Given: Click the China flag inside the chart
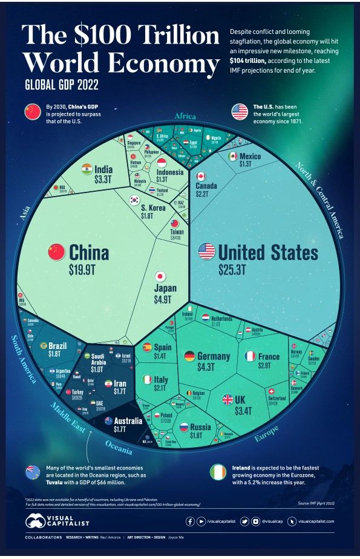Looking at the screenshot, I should click(56, 250).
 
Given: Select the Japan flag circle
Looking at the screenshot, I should click(161, 276).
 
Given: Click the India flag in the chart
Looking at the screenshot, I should click(87, 168).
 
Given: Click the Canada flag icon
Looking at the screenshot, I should click(201, 176).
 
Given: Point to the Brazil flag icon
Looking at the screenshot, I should click(43, 346).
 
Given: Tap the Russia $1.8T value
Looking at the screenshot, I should click(200, 436).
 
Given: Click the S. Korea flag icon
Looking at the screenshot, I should click(135, 200).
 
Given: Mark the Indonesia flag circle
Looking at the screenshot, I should click(162, 162).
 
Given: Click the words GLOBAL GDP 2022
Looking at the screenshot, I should click(62, 83).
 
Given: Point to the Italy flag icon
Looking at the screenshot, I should click(147, 380).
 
